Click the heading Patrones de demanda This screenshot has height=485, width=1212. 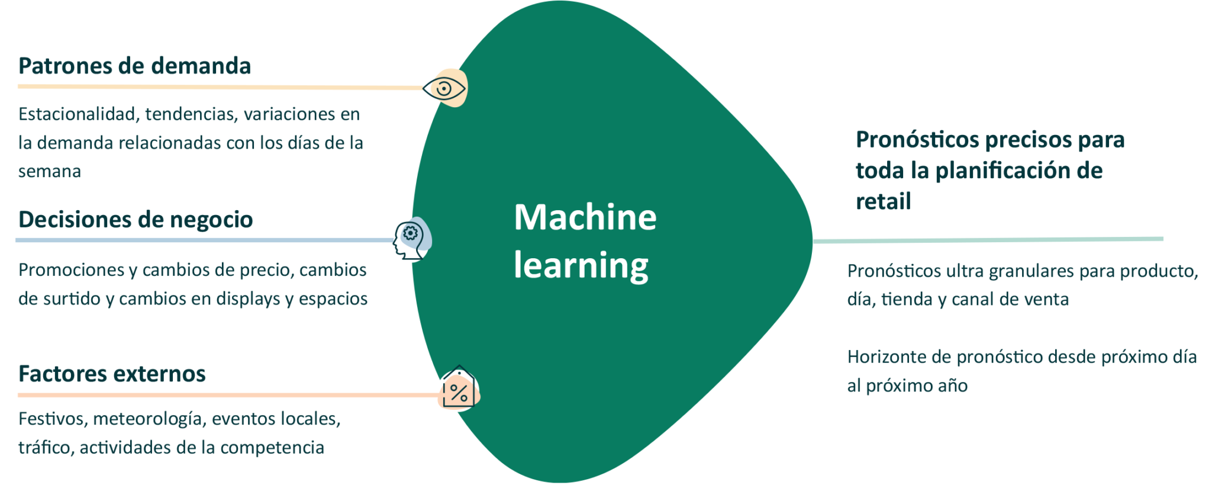[x=134, y=66]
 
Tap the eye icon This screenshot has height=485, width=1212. [x=444, y=89]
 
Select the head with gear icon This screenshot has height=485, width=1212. [x=411, y=239]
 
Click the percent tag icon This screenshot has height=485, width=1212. [x=459, y=391]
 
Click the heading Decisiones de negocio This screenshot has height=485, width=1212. [x=136, y=220]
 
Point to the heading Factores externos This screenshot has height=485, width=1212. [x=112, y=374]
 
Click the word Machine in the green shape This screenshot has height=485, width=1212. [x=585, y=217]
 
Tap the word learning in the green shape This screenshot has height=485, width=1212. [x=581, y=265]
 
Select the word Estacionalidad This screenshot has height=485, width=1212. [x=77, y=114]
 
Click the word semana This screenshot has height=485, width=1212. [x=50, y=171]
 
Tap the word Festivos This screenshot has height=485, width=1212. [x=53, y=419]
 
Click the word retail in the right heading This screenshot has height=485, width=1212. [x=883, y=201]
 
